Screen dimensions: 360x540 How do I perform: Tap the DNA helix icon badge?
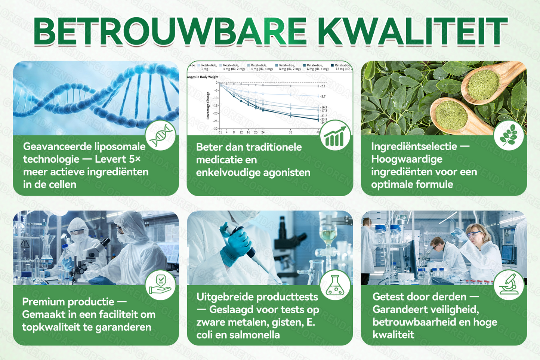click(161, 135)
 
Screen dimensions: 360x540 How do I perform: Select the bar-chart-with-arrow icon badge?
click(335, 135)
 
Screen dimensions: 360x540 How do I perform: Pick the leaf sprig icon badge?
click(509, 135)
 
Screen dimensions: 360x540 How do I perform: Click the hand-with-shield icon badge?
click(161, 285)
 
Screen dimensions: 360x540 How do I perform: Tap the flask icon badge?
click(335, 285)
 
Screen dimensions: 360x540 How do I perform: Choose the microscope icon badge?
click(509, 285)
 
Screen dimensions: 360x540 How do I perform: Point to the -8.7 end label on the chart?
click(323, 96)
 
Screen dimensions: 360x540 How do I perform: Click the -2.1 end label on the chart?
click(323, 86)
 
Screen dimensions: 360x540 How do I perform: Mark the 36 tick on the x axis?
click(290, 132)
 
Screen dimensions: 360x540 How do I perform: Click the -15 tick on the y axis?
click(215, 106)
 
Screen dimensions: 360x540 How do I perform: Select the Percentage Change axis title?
click(208, 106)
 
